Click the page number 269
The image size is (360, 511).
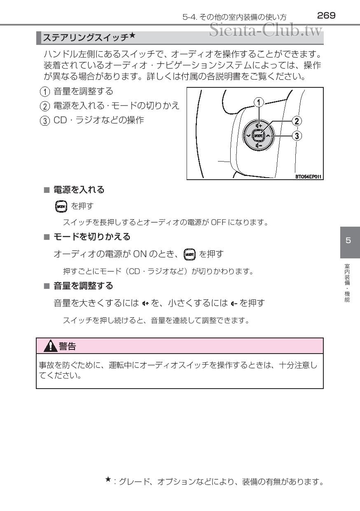click(x=326, y=16)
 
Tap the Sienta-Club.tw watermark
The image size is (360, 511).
click(x=266, y=30)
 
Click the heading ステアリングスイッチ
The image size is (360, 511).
click(x=86, y=38)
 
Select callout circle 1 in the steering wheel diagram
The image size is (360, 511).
click(x=259, y=103)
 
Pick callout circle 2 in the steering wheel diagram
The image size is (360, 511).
click(x=297, y=121)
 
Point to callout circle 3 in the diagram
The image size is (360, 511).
click(x=297, y=136)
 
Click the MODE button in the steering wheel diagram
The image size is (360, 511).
click(x=258, y=136)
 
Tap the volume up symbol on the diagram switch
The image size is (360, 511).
click(x=259, y=126)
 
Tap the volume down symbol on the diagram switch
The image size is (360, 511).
click(x=259, y=145)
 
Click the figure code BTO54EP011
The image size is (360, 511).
click(x=308, y=176)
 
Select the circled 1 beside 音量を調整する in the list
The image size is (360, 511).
click(x=45, y=92)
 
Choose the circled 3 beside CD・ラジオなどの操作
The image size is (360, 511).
click(x=45, y=121)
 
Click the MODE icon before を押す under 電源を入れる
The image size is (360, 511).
click(x=61, y=206)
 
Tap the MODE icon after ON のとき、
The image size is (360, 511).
click(x=189, y=254)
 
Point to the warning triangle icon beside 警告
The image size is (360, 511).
click(x=50, y=346)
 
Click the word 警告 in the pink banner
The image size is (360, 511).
click(x=67, y=346)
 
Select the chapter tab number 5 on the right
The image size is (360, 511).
click(x=348, y=240)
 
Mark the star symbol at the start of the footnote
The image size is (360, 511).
click(x=108, y=480)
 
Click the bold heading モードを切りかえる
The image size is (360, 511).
click(x=92, y=237)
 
